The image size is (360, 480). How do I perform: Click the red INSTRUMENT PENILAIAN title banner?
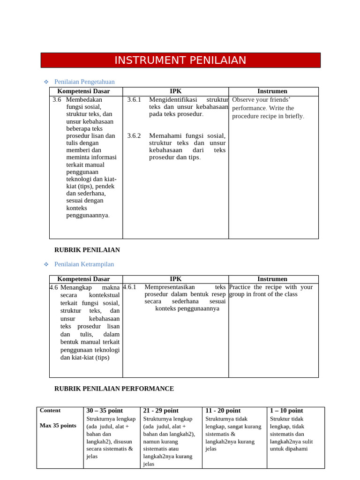(180, 60)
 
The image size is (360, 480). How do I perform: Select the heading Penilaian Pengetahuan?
(84, 82)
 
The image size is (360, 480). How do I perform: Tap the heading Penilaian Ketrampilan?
(84, 264)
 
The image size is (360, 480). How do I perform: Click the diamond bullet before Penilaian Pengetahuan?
(46, 82)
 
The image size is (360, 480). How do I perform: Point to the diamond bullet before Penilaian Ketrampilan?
(46, 264)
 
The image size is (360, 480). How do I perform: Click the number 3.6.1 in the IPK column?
(134, 99)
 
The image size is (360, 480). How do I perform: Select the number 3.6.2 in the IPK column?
(134, 135)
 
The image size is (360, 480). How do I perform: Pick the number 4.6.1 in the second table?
(129, 287)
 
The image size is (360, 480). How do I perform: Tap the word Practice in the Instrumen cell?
(240, 287)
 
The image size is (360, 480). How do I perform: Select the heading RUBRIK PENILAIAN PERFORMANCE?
(114, 389)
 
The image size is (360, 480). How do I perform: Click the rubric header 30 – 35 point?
(105, 411)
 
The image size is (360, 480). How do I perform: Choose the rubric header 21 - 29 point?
(161, 411)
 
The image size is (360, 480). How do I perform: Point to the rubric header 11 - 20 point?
(223, 411)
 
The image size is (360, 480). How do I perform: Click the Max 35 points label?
(58, 426)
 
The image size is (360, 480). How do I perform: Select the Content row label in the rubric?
(50, 411)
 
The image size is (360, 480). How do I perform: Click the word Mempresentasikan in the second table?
(170, 287)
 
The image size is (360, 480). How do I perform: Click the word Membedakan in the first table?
(84, 99)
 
